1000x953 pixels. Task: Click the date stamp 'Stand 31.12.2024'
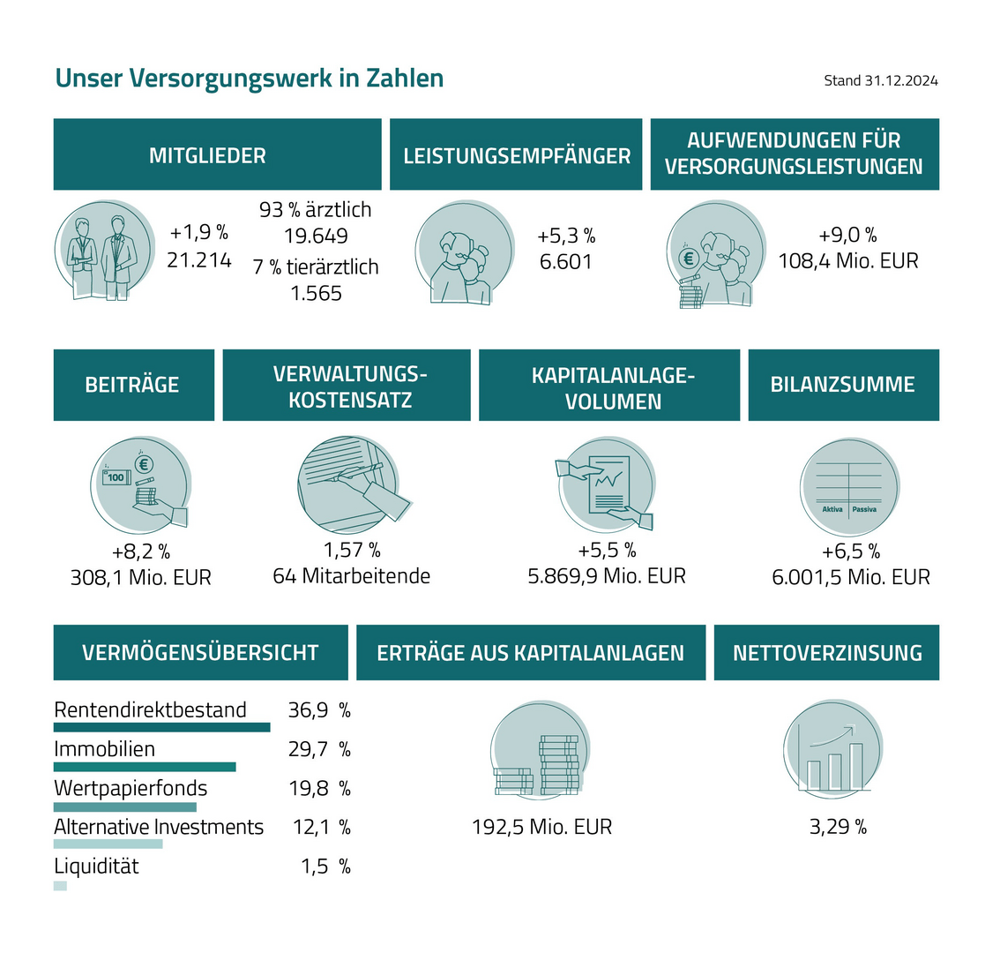(880, 80)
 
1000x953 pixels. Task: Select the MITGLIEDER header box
(217, 154)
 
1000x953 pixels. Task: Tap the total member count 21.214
(199, 259)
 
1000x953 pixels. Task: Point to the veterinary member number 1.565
(316, 293)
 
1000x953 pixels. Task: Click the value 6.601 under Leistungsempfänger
(566, 262)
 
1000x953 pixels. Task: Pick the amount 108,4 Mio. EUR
(847, 261)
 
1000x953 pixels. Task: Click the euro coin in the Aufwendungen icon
(689, 259)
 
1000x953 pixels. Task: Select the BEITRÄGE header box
(133, 385)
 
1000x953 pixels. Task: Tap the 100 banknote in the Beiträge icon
(116, 477)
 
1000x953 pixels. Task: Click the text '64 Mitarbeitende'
(351, 576)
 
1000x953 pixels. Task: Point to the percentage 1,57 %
(352, 551)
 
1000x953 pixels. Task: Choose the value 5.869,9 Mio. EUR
(607, 576)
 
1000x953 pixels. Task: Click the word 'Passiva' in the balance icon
(864, 509)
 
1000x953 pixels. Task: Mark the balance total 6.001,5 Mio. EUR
(850, 577)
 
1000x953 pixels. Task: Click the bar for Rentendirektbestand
(161, 727)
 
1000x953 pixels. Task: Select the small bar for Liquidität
(60, 885)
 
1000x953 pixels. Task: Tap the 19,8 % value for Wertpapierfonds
(319, 788)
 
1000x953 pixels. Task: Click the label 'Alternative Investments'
(159, 827)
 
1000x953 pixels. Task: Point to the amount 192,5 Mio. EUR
(541, 828)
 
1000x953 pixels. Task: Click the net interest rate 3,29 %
(838, 828)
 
